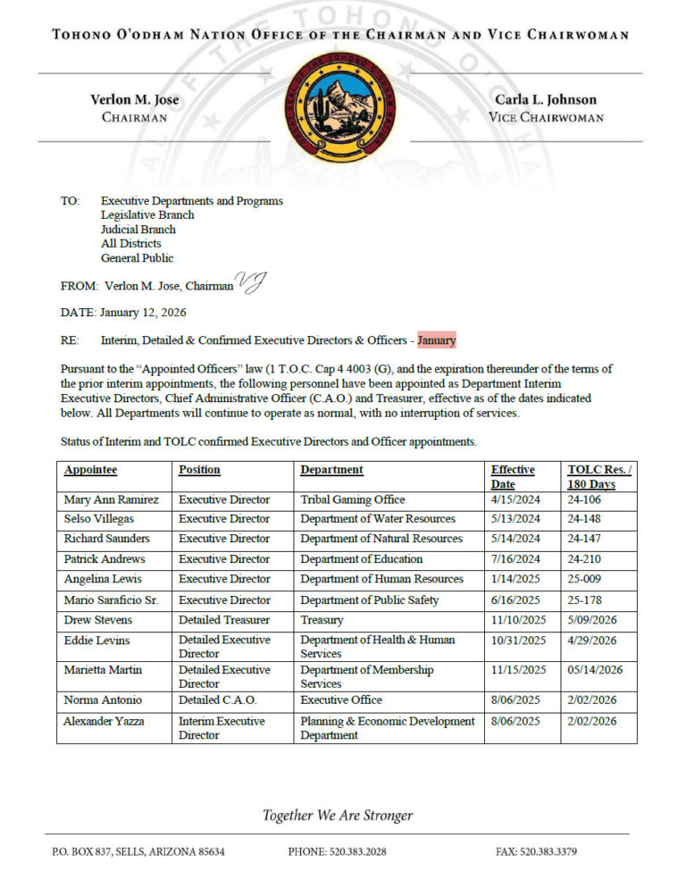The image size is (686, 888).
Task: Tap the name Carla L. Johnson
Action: [546, 100]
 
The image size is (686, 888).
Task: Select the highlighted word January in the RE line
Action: [436, 340]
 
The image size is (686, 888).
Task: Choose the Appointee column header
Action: [90, 470]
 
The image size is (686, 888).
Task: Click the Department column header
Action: [331, 470]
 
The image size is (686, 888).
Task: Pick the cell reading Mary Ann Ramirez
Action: [111, 499]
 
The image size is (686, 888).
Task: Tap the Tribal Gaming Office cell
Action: [352, 499]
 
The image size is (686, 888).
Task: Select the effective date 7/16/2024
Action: [515, 559]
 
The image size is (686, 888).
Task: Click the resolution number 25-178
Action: [587, 600]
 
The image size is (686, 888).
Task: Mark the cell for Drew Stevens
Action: [99, 620]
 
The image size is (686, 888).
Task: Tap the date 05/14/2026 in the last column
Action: [595, 670]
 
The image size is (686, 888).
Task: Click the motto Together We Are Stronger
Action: [338, 816]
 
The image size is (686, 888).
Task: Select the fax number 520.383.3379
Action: [551, 852]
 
